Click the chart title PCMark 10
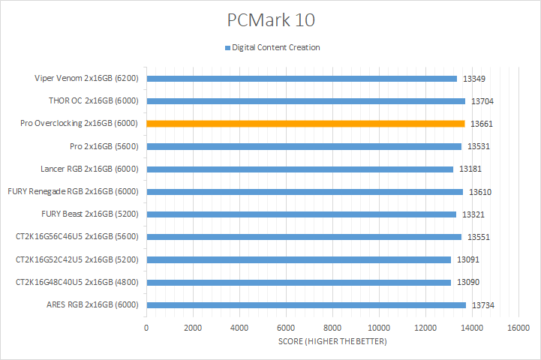(270, 18)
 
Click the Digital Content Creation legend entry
(275, 47)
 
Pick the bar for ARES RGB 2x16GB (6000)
(306, 305)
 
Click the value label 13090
(467, 283)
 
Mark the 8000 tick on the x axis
(332, 328)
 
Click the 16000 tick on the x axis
(518, 328)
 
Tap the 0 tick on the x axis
(146, 328)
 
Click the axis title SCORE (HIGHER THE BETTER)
(332, 342)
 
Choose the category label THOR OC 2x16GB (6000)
(93, 100)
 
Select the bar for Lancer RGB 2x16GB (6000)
(299, 169)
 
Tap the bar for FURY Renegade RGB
(305, 192)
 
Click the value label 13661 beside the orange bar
(481, 124)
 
